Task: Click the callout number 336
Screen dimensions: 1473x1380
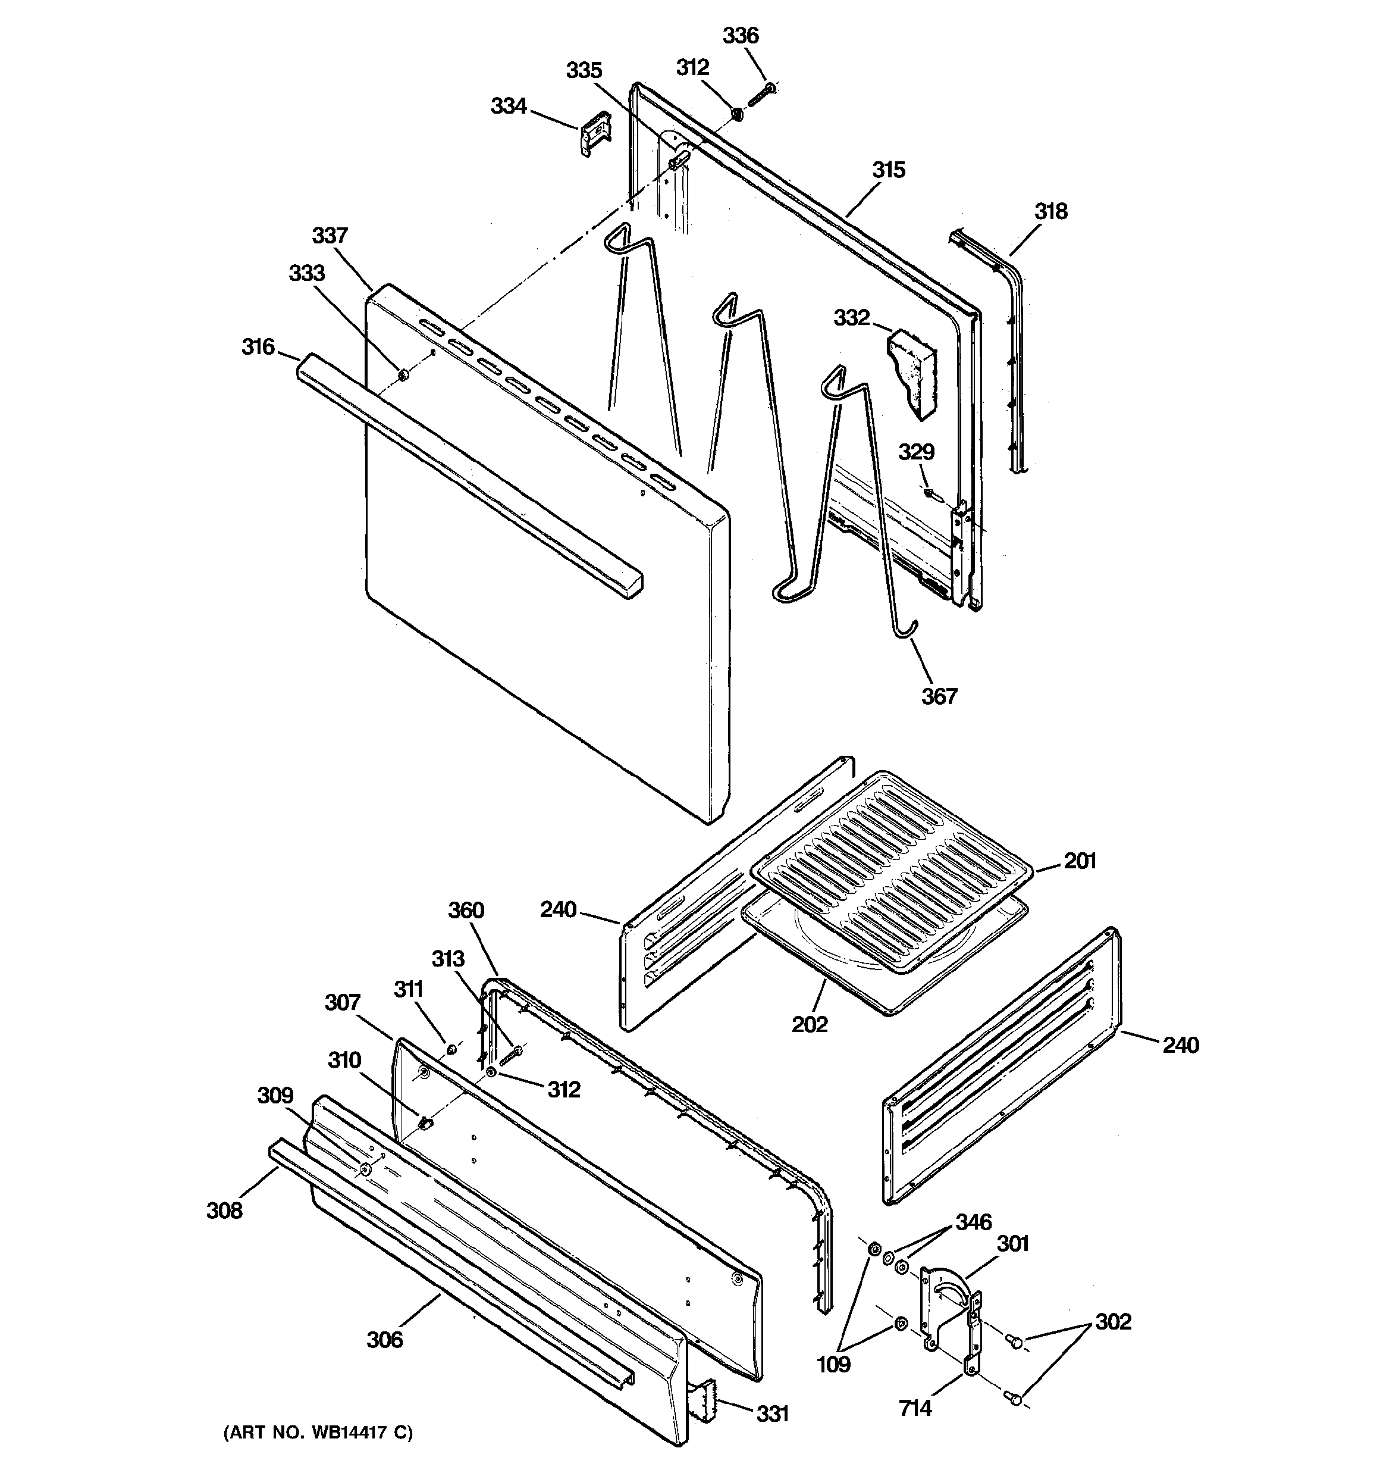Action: (740, 36)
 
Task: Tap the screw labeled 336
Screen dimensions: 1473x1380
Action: (761, 94)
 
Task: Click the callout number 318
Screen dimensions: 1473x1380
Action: (1050, 212)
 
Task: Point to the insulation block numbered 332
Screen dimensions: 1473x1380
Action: (912, 370)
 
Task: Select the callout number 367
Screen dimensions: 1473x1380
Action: (939, 696)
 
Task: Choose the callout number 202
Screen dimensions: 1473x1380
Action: (809, 1024)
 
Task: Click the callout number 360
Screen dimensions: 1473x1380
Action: (466, 910)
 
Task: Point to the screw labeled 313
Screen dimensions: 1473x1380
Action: (510, 1056)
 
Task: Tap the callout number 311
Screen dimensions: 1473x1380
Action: (408, 989)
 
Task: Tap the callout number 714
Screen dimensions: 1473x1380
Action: (915, 1408)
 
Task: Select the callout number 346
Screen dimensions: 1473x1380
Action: (973, 1222)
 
